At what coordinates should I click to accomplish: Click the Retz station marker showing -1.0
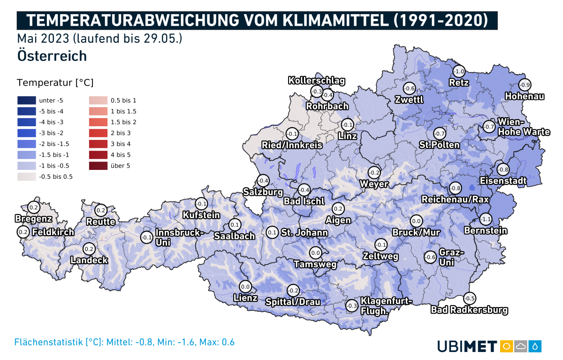coord(459,71)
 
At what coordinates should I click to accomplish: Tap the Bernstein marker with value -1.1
coord(486,219)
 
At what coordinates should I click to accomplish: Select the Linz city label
coord(348,136)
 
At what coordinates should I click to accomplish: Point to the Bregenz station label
coord(33,219)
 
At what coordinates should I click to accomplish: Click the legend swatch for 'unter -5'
coord(26,100)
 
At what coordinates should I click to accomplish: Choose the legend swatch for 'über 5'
coord(98,166)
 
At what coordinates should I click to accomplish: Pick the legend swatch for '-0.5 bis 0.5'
coord(26,176)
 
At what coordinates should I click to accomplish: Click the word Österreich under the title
coord(52,56)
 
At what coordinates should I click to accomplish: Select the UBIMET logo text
coord(467,347)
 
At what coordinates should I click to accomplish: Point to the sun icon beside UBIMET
coord(506,346)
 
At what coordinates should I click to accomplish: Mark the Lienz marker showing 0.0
coord(245,286)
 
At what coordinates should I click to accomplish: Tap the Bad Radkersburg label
coord(469,310)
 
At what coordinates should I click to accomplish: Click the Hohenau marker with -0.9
coord(525,85)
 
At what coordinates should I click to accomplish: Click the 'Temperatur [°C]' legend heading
coord(55,83)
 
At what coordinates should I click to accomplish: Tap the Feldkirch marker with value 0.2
coord(23,231)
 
